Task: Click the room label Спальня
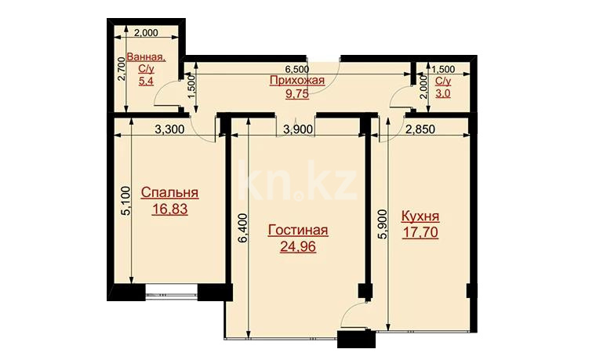click(x=169, y=193)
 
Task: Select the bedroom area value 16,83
click(x=169, y=209)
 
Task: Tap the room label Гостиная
click(x=298, y=231)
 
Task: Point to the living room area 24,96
click(x=298, y=247)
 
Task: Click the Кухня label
click(x=420, y=216)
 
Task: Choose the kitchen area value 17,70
click(x=420, y=232)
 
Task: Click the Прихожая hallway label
click(x=297, y=80)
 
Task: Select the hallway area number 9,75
click(x=297, y=93)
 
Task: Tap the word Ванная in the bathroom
click(x=146, y=57)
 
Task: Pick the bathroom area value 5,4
click(x=146, y=81)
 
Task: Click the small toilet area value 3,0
click(x=443, y=93)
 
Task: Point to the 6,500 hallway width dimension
click(x=297, y=70)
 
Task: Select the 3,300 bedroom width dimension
click(x=170, y=129)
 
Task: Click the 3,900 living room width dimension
click(x=299, y=129)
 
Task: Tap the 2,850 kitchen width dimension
click(x=420, y=129)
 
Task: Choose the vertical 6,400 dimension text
click(x=243, y=228)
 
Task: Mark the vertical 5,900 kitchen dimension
click(x=383, y=224)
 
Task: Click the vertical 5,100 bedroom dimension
click(x=126, y=201)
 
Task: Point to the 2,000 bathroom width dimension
click(x=147, y=33)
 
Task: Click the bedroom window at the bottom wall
click(x=172, y=293)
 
